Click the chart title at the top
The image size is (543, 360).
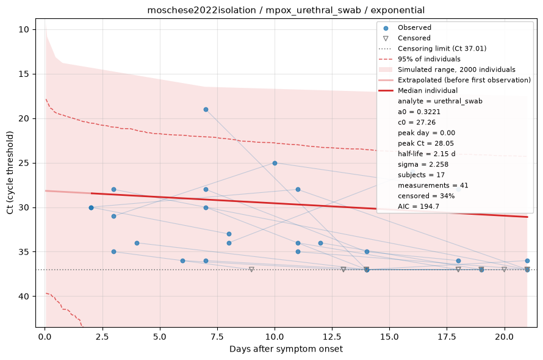point(286,10)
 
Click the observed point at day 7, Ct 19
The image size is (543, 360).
point(206,109)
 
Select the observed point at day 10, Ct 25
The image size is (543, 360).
point(275,163)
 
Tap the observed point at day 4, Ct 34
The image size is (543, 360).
point(137,243)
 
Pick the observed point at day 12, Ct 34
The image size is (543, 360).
point(320,243)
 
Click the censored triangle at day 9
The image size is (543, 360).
point(252,269)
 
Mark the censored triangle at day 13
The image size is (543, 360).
point(343,269)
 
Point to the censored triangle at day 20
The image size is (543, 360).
point(504,269)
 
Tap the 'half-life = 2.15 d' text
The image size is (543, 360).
point(426,154)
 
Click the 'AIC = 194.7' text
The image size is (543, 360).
point(419,206)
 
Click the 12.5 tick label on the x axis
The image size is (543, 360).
point(332,337)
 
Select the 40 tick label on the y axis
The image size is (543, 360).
point(24,297)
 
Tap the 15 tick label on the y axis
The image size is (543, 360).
point(24,74)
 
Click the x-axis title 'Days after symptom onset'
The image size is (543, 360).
point(286,349)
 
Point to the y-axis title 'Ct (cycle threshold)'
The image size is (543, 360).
point(10,173)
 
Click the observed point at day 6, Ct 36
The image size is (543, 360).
point(183,261)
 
